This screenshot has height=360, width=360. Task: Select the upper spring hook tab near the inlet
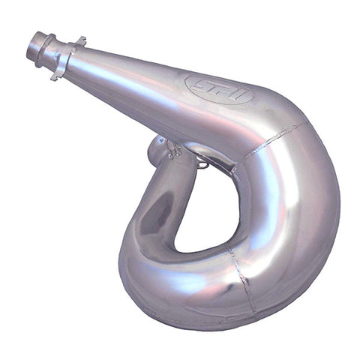coord(79,40)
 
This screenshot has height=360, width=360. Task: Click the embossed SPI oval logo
coord(218,88)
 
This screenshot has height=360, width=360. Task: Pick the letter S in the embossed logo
coord(202,84)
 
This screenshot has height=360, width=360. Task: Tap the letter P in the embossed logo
coord(219,88)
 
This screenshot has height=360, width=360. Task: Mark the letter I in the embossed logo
coord(235,94)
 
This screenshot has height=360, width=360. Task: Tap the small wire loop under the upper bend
coord(201,160)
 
